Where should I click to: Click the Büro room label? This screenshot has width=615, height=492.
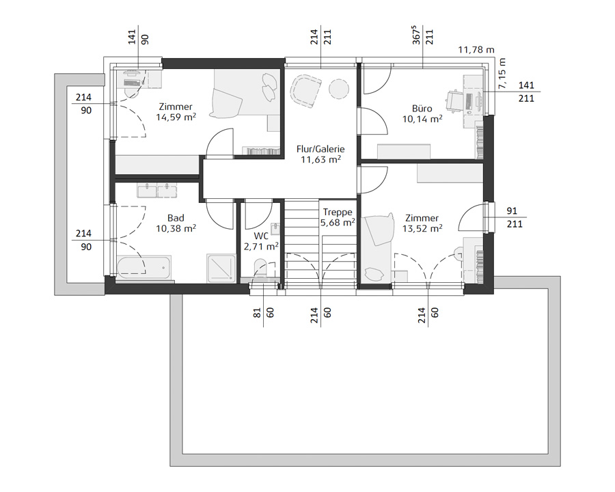[422, 108]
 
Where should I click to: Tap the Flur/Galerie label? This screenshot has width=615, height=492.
[320, 149]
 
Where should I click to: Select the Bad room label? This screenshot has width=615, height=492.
[176, 218]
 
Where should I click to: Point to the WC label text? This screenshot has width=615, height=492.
[261, 236]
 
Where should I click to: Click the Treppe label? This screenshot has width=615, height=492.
[338, 213]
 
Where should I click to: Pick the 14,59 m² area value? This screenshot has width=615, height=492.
[176, 117]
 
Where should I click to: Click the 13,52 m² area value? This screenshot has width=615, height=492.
[422, 228]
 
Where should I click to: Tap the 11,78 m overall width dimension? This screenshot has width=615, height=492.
[476, 50]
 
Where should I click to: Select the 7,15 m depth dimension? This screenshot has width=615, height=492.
[502, 73]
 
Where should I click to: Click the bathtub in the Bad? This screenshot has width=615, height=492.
[144, 266]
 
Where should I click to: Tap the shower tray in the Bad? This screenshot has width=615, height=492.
[221, 268]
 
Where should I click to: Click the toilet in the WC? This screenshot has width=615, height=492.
[260, 268]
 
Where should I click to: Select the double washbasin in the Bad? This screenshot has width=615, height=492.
[157, 190]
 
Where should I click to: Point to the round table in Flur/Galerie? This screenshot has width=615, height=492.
[338, 89]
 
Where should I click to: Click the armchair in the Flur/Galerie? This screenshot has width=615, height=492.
[305, 91]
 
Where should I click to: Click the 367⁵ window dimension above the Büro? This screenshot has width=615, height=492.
[417, 36]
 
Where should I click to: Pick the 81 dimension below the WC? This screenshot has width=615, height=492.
[258, 313]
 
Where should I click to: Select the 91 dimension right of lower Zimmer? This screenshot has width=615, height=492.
[512, 210]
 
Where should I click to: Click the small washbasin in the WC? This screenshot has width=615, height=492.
[275, 228]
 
